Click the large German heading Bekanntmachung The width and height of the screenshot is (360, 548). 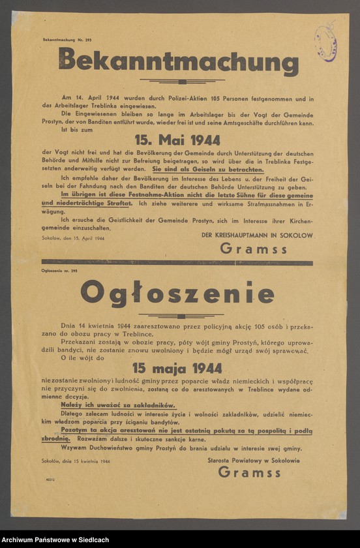(x=178, y=63)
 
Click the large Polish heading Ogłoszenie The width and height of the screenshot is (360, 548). (x=177, y=294)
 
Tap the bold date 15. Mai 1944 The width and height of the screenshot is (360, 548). (x=177, y=140)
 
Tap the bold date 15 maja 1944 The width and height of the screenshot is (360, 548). (x=177, y=369)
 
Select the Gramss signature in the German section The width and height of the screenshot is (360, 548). (x=254, y=248)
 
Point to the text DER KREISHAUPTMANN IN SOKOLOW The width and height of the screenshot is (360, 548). (x=256, y=235)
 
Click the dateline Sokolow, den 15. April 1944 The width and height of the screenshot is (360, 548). (x=72, y=239)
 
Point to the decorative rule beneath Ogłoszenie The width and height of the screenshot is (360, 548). (x=177, y=314)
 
